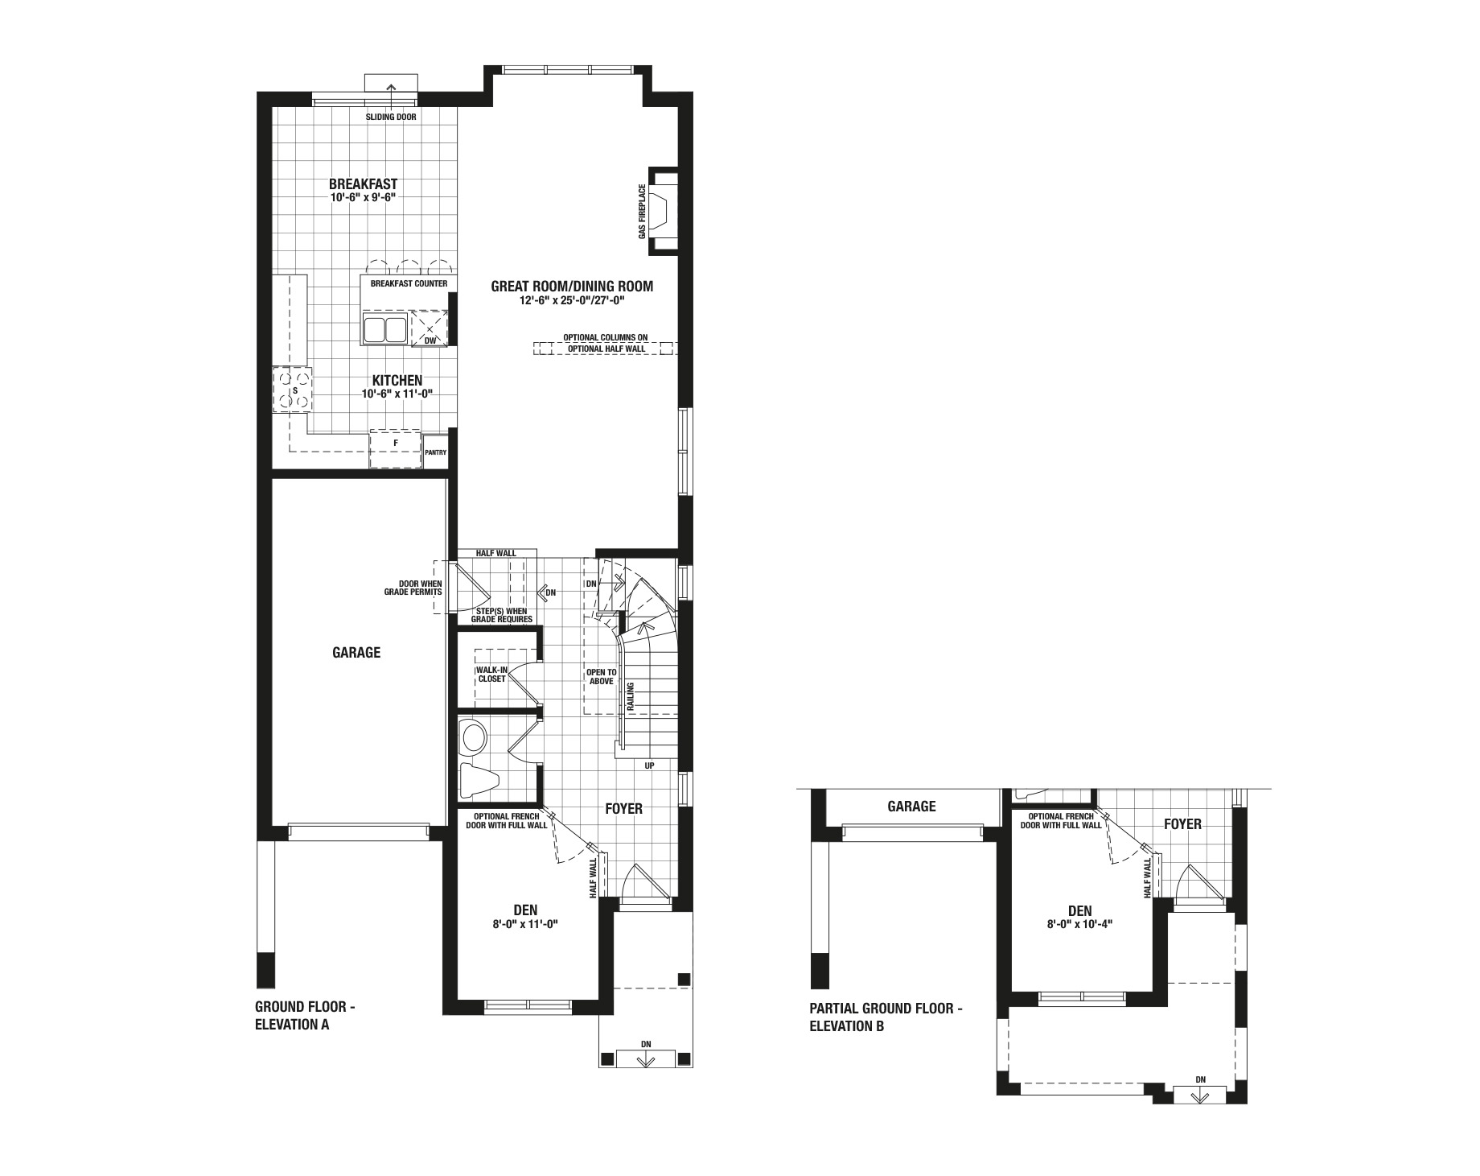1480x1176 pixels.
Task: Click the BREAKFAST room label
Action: click(363, 184)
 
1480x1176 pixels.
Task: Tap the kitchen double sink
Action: click(384, 329)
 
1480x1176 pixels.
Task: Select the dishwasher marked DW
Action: click(430, 329)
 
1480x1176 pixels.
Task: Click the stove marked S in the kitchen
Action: click(292, 390)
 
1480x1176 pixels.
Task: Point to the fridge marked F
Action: click(396, 449)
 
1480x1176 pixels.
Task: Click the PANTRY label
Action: click(435, 452)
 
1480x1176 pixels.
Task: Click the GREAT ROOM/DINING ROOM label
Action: click(572, 286)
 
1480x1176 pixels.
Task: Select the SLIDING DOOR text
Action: click(391, 117)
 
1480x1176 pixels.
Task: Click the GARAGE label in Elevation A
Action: click(356, 653)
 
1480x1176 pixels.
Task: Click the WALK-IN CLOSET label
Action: click(491, 674)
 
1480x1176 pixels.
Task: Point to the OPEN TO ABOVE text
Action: click(601, 676)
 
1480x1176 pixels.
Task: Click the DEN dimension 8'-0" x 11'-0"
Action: click(525, 925)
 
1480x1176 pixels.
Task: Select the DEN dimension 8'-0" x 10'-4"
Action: click(1080, 925)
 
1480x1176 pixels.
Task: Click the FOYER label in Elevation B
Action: click(1182, 824)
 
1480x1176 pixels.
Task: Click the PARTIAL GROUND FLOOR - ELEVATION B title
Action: click(886, 1017)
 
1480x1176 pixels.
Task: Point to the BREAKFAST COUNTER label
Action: click(409, 284)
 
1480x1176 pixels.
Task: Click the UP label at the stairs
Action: click(649, 765)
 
